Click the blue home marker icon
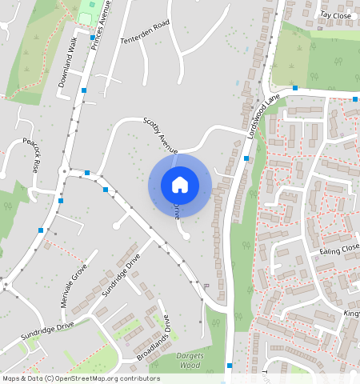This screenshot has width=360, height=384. click(180, 185)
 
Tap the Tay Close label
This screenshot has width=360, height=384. click(335, 14)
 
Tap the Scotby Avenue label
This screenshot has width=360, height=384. click(160, 134)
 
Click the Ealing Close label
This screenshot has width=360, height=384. click(340, 250)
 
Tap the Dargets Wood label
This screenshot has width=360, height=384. click(189, 361)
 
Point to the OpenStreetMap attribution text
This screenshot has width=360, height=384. click(80, 378)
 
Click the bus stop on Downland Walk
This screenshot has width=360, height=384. click(84, 90)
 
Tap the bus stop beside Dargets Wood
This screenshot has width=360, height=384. click(230, 366)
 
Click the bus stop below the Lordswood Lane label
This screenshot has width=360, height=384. click(246, 158)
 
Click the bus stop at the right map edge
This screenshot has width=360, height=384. click(354, 98)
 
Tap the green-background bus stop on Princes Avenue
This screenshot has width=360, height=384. click(93, 37)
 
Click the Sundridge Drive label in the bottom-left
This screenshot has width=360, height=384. click(47, 331)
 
